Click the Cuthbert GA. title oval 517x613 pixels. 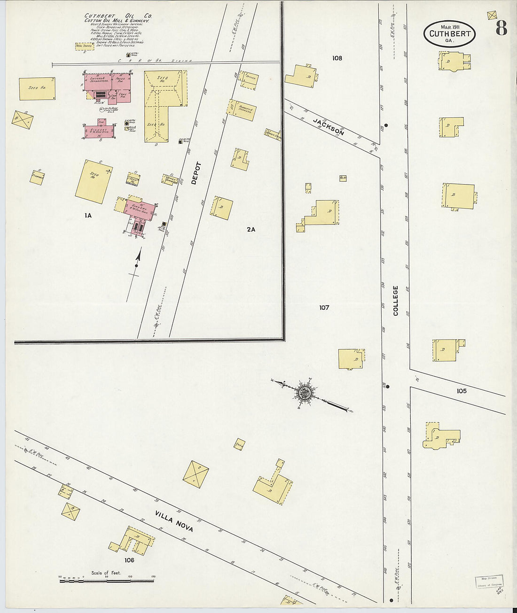coord(449,34)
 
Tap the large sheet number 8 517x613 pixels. coord(501,29)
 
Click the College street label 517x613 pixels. coord(396,301)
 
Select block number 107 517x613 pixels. coord(324,308)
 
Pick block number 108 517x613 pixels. coord(337,58)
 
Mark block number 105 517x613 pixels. coord(461,391)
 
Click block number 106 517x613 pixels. coord(129,560)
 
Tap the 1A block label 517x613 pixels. coord(87,216)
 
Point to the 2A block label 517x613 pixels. coord(251,230)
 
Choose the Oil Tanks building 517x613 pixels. coord(85,46)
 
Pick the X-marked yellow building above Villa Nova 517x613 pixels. coord(195,477)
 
